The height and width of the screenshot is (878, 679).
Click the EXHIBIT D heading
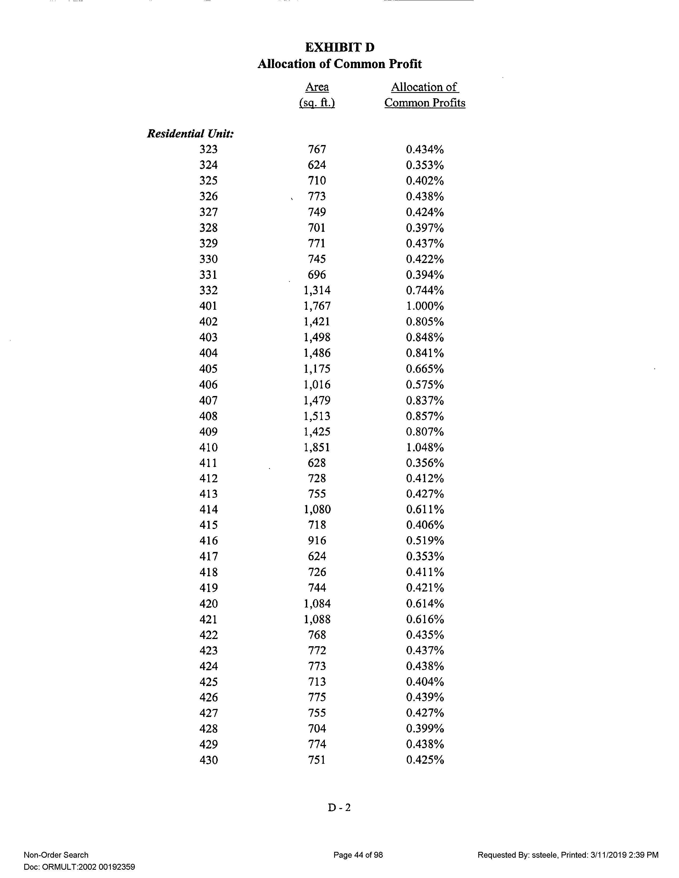339,48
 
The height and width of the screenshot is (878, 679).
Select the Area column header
317,87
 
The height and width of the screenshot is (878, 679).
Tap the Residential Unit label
191,134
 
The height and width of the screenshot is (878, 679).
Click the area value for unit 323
317,149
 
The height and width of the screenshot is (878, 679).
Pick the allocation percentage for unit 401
425,306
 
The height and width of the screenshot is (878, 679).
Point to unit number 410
208,448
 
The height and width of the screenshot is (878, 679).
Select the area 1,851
317,448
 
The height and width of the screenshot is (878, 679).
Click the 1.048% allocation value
425,448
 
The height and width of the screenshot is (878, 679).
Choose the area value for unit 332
317,290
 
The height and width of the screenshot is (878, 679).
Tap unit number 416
208,541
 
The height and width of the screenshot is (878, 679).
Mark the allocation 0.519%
425,541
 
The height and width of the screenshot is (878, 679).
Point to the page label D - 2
339,807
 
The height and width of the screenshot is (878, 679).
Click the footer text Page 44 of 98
358,855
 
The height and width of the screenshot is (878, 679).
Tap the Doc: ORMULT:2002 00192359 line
79,867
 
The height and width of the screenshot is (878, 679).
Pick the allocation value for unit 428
425,729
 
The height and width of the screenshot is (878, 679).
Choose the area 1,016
317,385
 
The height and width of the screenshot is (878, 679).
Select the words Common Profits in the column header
425,103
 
